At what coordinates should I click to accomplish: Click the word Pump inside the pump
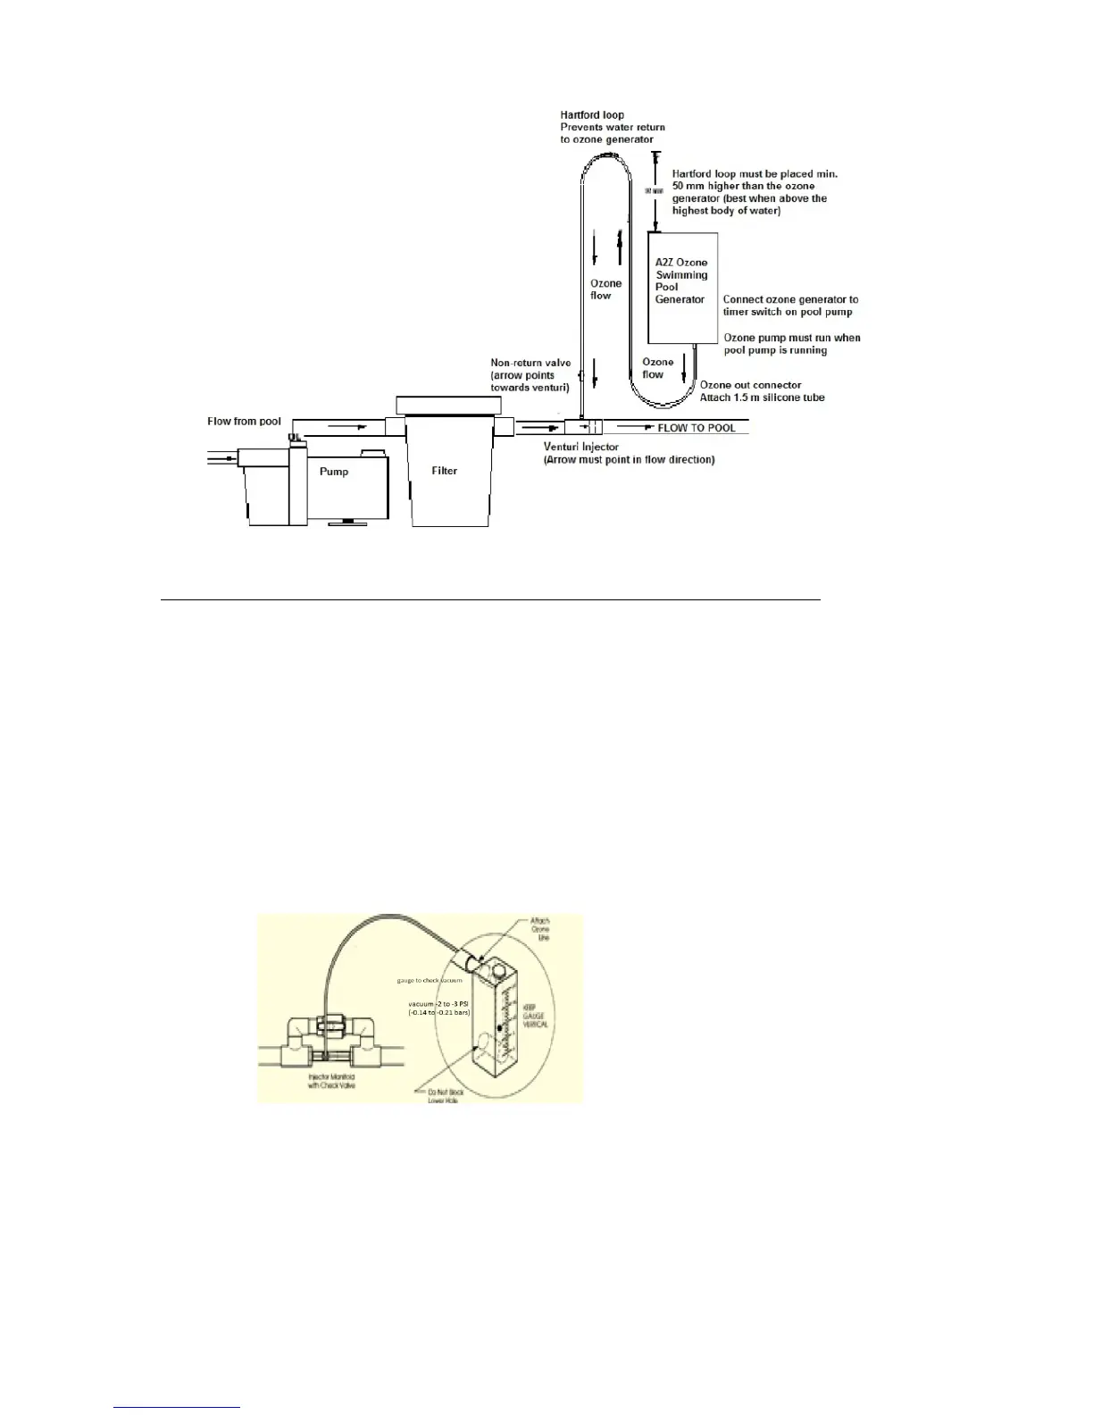[x=334, y=472]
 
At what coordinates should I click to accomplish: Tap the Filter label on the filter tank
[x=445, y=471]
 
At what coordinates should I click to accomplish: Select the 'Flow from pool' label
[x=244, y=422]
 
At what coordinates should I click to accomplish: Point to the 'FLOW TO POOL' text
[x=697, y=428]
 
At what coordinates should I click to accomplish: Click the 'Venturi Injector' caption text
[x=581, y=447]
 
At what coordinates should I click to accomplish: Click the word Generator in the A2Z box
[x=680, y=300]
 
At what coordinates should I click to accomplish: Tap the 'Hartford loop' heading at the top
[x=592, y=115]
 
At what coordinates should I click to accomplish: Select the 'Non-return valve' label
[x=530, y=364]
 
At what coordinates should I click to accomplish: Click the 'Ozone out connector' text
[x=750, y=385]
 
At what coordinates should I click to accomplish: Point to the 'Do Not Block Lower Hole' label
[x=443, y=1095]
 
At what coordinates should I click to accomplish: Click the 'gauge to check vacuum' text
[x=430, y=980]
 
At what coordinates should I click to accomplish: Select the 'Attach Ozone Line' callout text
[x=540, y=929]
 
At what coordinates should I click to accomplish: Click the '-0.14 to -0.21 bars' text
[x=438, y=1012]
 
